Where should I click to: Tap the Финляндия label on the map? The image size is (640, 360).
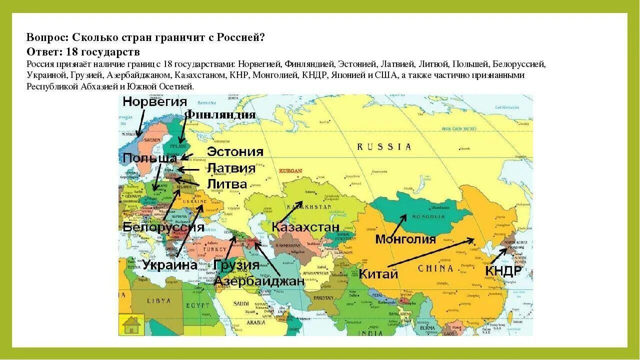(x=220, y=115)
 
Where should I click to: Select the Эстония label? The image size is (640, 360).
(x=235, y=151)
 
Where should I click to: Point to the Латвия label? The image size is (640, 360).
(x=231, y=168)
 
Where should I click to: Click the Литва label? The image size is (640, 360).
(x=227, y=184)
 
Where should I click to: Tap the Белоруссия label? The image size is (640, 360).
(x=163, y=227)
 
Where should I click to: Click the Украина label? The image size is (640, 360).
(x=169, y=265)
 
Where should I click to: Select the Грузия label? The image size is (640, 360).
(x=236, y=265)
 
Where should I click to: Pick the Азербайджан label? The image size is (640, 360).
(x=259, y=281)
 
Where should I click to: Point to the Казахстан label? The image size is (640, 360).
(x=305, y=227)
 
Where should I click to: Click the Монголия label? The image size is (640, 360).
(x=405, y=239)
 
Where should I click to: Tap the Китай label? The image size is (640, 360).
(x=378, y=274)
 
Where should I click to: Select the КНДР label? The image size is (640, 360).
(x=503, y=271)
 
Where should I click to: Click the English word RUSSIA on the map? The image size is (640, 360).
(x=384, y=147)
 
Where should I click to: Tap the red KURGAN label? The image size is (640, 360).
(x=291, y=171)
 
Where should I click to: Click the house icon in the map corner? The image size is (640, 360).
(x=131, y=324)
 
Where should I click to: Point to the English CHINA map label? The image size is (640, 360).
(x=435, y=268)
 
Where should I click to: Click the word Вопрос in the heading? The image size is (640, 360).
(x=47, y=38)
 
